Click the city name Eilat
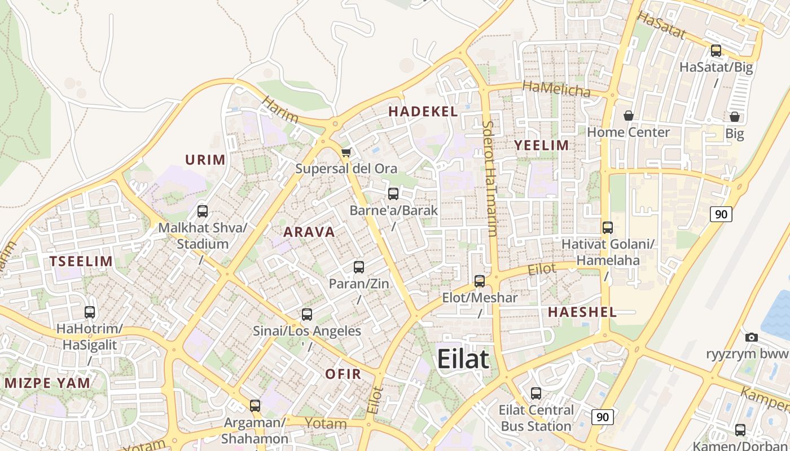[x=463, y=359]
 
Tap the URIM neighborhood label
[x=205, y=160]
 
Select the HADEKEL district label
[x=423, y=112]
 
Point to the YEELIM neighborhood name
[x=541, y=145]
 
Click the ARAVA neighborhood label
[x=309, y=232]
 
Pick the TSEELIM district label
[x=81, y=261]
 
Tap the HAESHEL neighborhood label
[x=582, y=312]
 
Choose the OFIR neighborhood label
[x=343, y=374]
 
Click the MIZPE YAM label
[x=47, y=383]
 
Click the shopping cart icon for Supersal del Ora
[x=346, y=152]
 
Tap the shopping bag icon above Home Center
[x=628, y=116]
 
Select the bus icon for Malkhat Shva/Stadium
[x=202, y=211]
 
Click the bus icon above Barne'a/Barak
[x=393, y=194]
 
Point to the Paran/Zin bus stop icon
[x=359, y=267]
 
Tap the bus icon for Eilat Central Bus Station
[x=536, y=393]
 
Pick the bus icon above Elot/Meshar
[x=480, y=281]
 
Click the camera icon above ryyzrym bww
[x=751, y=337]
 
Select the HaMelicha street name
[x=556, y=89]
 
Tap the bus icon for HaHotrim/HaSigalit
[x=90, y=312]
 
